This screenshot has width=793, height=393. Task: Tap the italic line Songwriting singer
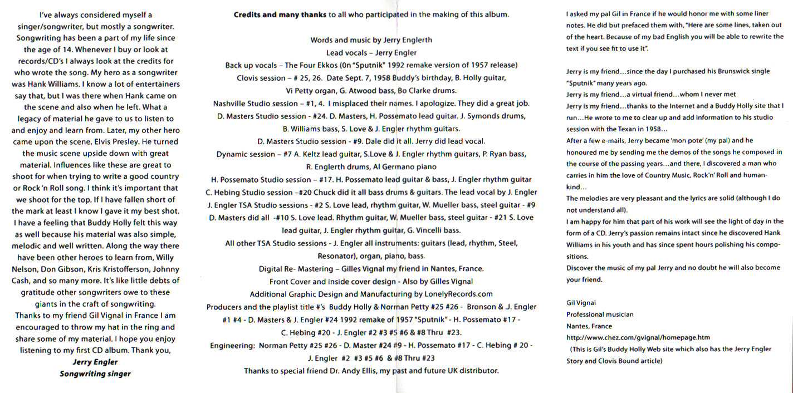[95, 374]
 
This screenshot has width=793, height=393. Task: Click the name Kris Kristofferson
[106, 269]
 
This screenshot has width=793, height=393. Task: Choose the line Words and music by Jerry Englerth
[371, 40]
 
